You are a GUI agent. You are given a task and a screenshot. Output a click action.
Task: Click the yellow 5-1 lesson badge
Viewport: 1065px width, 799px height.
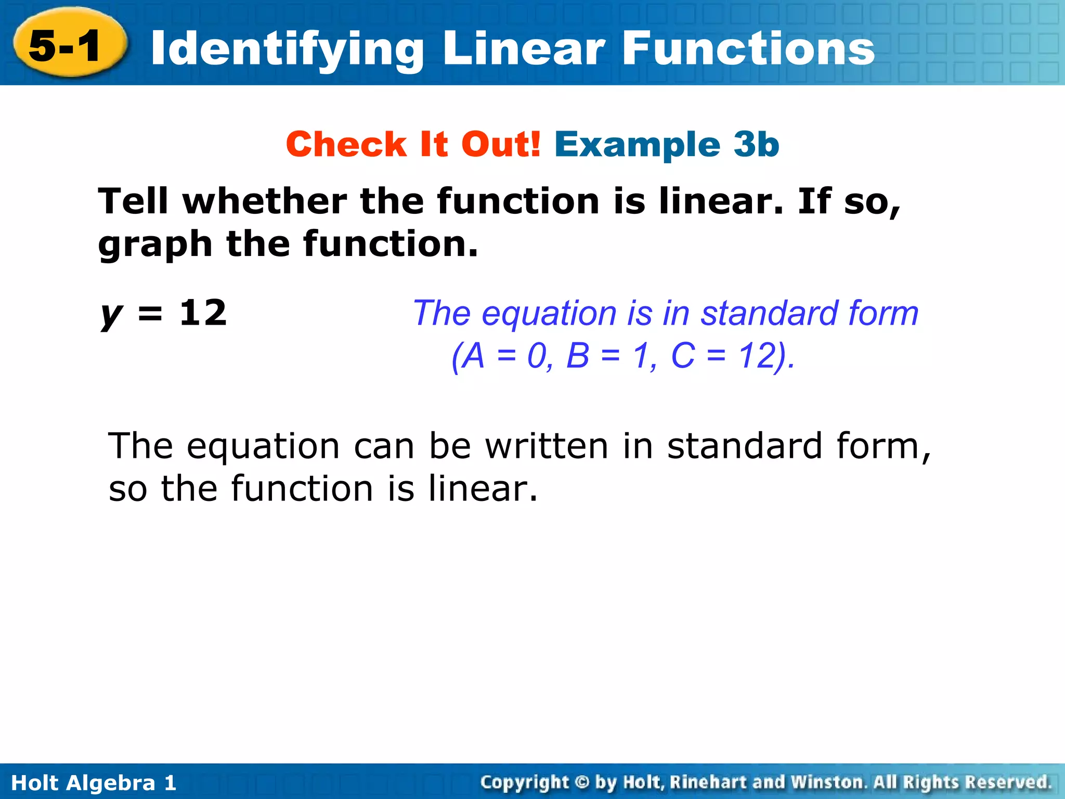pos(68,45)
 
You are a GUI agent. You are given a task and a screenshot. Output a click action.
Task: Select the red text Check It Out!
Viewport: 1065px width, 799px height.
pos(413,144)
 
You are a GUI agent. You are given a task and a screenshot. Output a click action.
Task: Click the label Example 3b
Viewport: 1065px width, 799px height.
pos(667,144)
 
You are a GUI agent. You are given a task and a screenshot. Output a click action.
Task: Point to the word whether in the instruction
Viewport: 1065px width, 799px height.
pos(264,201)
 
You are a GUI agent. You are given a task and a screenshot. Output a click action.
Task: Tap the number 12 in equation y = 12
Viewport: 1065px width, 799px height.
pos(203,313)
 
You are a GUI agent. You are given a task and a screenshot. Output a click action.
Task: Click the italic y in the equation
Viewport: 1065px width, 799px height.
pos(111,315)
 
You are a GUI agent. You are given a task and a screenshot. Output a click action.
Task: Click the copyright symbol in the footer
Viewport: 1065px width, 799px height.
pos(582,782)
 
